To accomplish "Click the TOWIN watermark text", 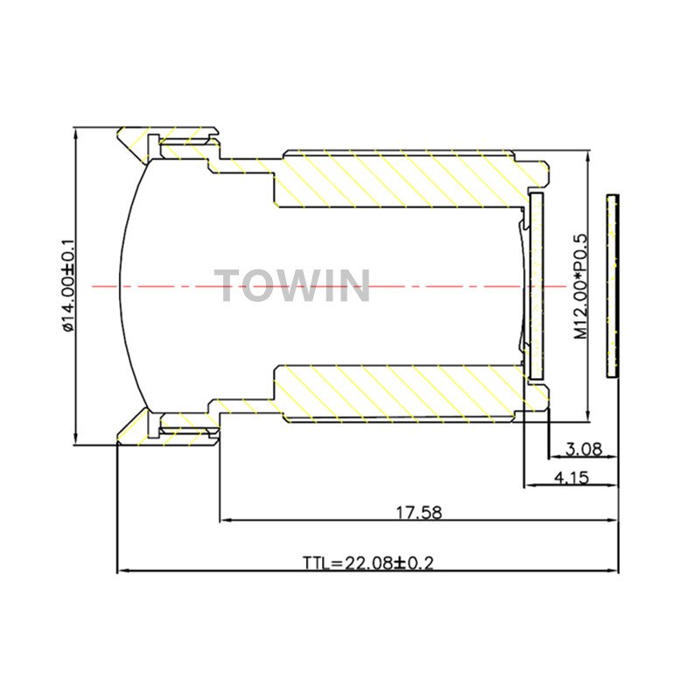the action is (292, 286).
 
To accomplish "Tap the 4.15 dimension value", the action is (571, 478).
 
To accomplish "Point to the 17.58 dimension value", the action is (419, 513).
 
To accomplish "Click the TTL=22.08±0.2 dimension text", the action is (368, 563).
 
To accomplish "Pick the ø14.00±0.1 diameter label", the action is (68, 286).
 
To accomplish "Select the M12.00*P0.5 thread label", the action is (581, 286).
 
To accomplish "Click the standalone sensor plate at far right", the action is (612, 287).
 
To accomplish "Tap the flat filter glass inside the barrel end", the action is (536, 286).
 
